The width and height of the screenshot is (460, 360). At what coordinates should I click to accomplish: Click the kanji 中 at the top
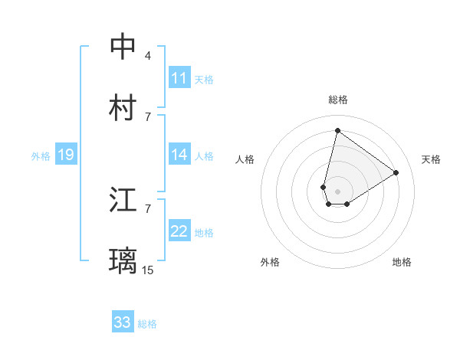point(123,47)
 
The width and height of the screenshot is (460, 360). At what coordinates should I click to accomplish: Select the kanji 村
point(123,108)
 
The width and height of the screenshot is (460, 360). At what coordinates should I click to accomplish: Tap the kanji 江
point(123,201)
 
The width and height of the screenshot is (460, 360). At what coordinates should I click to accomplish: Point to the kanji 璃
point(123,261)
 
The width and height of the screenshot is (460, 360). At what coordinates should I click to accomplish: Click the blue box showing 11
point(179,78)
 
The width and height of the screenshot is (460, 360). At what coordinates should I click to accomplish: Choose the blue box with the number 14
point(179,155)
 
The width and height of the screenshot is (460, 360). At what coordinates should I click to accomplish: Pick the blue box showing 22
point(179,231)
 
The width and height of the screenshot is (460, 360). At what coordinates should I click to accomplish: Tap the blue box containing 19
point(66,155)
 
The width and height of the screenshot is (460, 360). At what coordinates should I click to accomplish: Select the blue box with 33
point(123,322)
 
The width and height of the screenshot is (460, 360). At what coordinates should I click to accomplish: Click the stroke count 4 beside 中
point(148,56)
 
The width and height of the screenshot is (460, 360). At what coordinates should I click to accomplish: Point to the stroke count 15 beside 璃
point(148,270)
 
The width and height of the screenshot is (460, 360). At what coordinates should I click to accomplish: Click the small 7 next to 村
point(148,116)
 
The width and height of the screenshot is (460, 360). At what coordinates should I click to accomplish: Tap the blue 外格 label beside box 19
point(41,156)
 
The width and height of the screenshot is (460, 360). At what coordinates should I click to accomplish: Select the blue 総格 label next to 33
point(147,324)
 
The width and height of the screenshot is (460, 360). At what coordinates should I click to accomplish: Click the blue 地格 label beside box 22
point(204,233)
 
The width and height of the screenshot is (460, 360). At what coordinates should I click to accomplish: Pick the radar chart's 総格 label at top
point(337,100)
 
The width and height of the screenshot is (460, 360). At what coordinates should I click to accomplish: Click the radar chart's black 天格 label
point(431,159)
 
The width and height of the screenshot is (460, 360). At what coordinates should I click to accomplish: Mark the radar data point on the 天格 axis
point(396,172)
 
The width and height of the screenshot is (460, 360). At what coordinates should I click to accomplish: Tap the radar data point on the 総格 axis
point(337,130)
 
